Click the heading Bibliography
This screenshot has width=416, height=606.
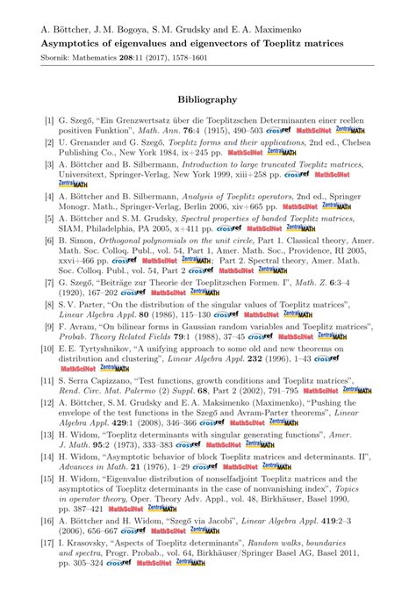tap(207, 100)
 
